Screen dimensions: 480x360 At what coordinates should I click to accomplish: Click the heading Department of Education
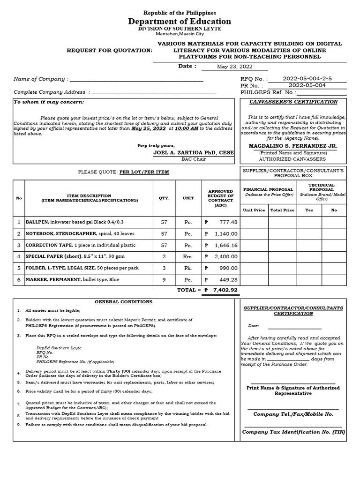180,22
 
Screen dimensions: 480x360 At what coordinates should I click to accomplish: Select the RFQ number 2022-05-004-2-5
307,79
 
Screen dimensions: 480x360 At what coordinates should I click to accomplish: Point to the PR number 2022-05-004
307,86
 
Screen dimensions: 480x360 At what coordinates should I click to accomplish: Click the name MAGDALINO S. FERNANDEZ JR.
293,146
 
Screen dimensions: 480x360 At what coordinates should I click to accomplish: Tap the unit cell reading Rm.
188,256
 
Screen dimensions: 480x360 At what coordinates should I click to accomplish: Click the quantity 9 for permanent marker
164,279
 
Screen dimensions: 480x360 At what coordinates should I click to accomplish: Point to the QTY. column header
164,198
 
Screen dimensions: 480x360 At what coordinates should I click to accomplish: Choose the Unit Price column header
254,210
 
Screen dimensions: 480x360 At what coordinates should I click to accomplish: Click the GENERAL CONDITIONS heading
123,302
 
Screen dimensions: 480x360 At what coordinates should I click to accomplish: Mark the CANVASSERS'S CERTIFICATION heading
293,102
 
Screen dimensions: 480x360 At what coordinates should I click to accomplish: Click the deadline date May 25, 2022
149,128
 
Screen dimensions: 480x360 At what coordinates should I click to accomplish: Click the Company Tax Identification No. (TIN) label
293,432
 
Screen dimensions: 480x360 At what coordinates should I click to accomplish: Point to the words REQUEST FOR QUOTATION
110,50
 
